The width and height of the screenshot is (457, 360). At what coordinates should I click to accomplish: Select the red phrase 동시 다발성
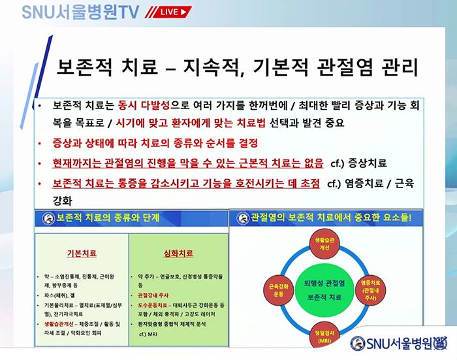[150, 105]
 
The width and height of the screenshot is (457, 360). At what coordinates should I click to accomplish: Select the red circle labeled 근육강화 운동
[276, 289]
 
